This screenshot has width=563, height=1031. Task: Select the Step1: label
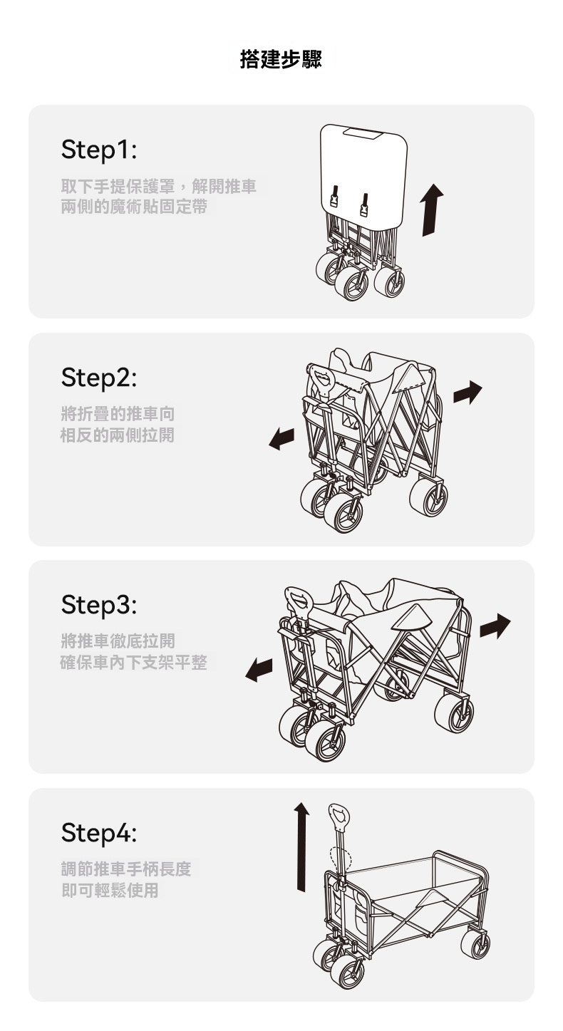pos(99,150)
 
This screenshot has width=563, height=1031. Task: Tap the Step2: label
pos(99,378)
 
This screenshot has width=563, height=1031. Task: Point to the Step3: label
pos(99,605)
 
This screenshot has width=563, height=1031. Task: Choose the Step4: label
pos(99,832)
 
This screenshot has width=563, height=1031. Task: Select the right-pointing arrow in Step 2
pos(468,393)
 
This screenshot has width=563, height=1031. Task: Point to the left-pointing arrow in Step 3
pos(259,670)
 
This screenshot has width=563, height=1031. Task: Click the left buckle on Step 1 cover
pos(335,197)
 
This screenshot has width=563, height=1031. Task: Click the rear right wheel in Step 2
pos(428,497)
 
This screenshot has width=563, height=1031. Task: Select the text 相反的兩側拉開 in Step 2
pos(118,435)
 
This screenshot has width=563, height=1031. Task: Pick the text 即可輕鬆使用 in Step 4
pos(110,890)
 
